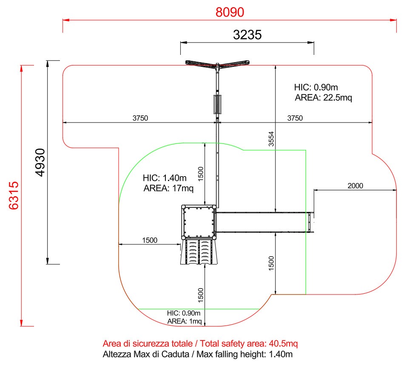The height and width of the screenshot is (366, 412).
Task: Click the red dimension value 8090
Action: pyautogui.click(x=230, y=12)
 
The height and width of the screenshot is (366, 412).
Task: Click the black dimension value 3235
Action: pyautogui.click(x=247, y=35)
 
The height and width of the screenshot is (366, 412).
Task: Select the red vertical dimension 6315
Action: pyautogui.click(x=14, y=195)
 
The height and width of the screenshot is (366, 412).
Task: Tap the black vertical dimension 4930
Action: pyautogui.click(x=40, y=163)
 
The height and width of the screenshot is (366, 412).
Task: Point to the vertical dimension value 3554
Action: pyautogui.click(x=271, y=139)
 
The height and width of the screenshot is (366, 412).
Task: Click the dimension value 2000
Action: pyautogui.click(x=355, y=186)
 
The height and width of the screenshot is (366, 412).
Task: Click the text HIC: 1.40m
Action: pyautogui.click(x=165, y=178)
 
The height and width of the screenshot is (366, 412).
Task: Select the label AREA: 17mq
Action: pyautogui.click(x=168, y=188)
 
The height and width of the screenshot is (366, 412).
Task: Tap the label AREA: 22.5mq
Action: pyautogui.click(x=323, y=97)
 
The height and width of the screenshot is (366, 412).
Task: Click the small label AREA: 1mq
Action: pyautogui.click(x=185, y=321)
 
